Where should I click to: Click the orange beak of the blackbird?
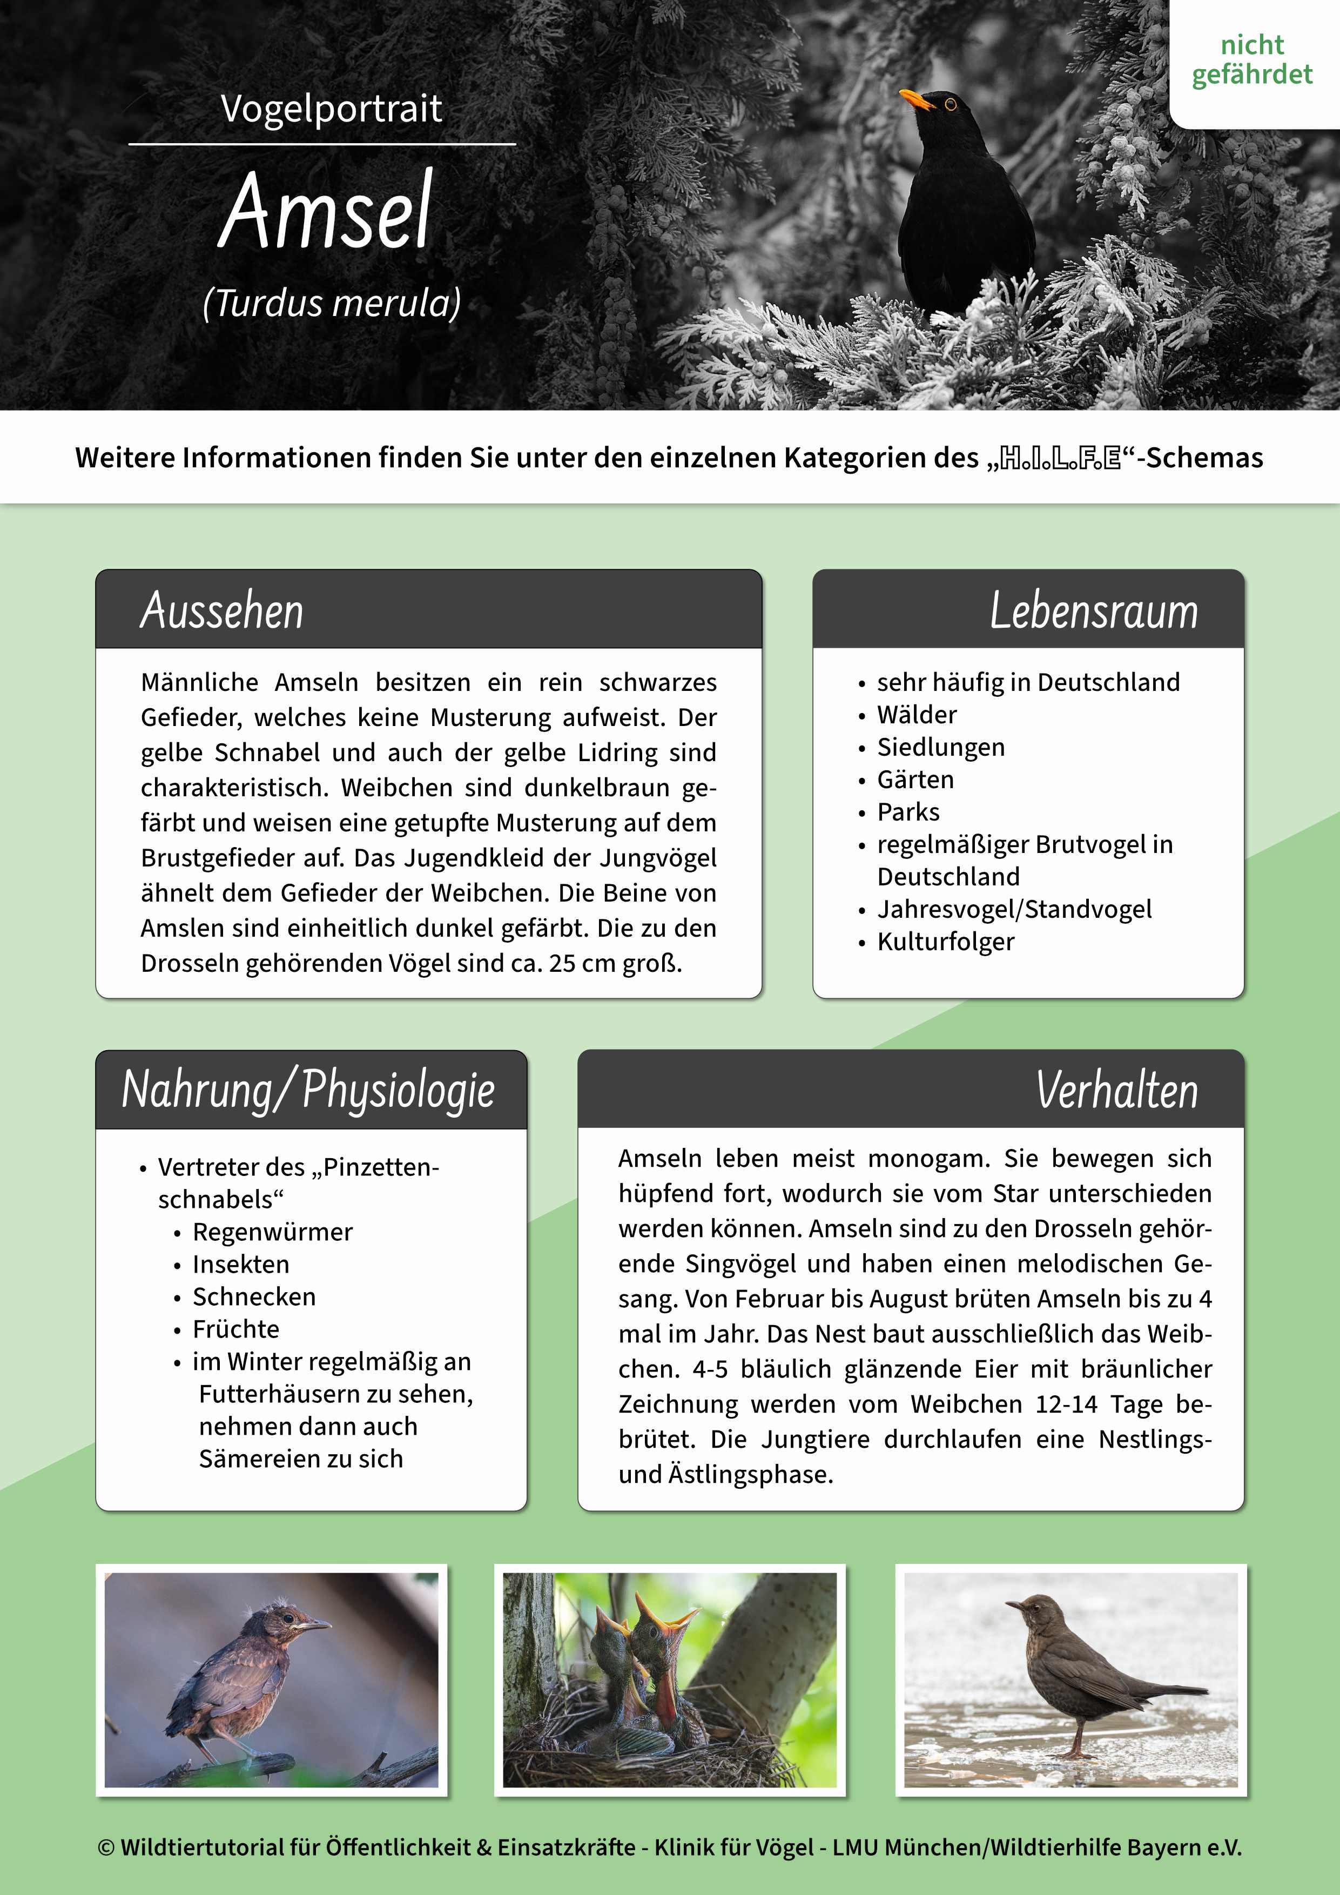tap(915, 99)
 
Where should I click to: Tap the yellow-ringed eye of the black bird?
tap(950, 105)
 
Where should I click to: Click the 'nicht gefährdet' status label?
tap(1252, 59)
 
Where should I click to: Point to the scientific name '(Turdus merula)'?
tap(332, 303)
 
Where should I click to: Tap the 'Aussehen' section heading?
tap(222, 611)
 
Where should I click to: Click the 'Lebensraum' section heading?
tap(1093, 611)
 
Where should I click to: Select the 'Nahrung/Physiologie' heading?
tap(308, 1090)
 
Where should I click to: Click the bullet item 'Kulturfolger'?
tap(946, 941)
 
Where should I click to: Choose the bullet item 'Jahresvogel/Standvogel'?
tap(1014, 909)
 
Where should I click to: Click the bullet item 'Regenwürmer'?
tap(272, 1232)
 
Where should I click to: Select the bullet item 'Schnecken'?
tap(254, 1296)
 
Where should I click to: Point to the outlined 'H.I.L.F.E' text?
tap(1060, 458)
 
